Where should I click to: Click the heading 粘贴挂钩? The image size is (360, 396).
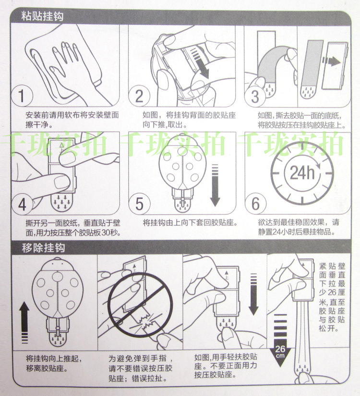coord(42,16)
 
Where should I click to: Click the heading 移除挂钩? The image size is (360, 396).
coord(43,248)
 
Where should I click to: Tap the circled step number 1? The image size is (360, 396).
coord(22,96)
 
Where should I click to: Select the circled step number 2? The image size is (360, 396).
coord(139,96)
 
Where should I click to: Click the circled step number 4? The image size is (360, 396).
coord(22,204)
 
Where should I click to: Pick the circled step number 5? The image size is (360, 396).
coord(139,204)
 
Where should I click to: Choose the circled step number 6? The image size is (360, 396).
coord(255,204)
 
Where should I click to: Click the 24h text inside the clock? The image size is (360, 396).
coord(302,173)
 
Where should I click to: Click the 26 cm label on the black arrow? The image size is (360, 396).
coord(280,351)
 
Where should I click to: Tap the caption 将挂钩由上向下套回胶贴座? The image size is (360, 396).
coord(190,222)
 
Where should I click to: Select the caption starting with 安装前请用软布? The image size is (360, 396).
coord(72,120)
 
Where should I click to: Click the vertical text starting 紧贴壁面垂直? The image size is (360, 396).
coord(332,297)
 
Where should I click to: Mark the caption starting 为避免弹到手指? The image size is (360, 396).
coord(141,368)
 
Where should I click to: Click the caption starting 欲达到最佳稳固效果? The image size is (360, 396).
coord(299,227)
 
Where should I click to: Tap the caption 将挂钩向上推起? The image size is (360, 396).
coord(54,363)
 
